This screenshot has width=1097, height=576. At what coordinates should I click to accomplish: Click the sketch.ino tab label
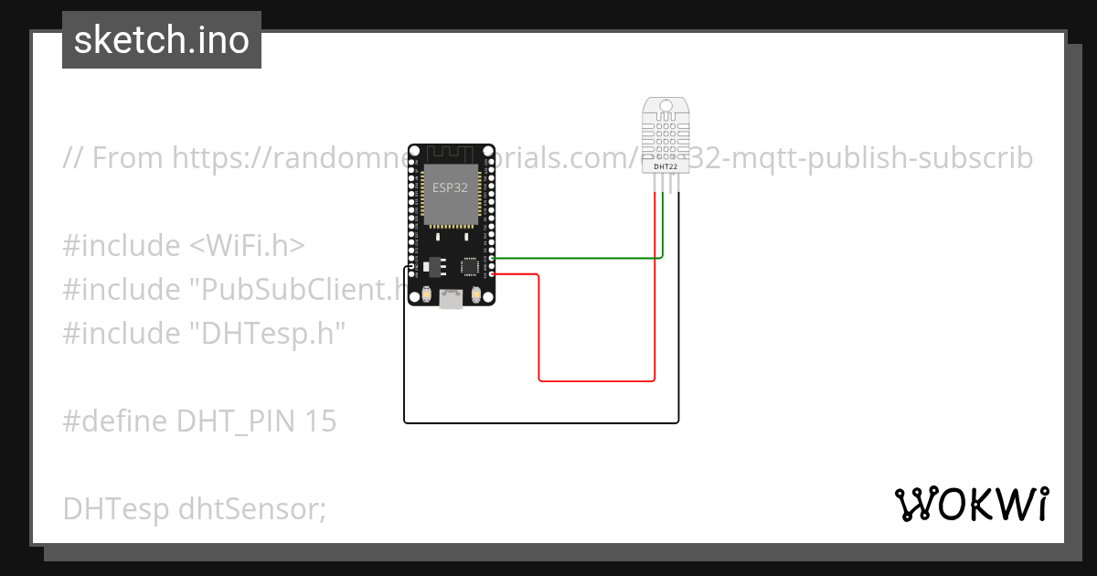[x=161, y=40]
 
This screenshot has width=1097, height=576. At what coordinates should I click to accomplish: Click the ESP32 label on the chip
[x=450, y=187]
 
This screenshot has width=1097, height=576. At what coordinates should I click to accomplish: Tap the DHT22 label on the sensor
[x=666, y=165]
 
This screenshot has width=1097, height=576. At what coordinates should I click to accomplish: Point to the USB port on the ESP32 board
[x=451, y=298]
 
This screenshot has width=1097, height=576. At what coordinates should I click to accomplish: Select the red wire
[x=594, y=379]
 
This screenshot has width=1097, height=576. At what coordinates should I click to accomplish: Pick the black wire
[x=539, y=422]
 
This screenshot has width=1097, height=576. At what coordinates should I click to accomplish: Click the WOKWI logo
[x=971, y=504]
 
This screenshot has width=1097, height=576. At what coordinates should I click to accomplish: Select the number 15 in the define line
[x=321, y=421]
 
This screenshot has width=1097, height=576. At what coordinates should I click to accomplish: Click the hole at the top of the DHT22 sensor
[x=666, y=108]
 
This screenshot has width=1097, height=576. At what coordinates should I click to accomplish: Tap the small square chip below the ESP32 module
[x=471, y=265]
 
